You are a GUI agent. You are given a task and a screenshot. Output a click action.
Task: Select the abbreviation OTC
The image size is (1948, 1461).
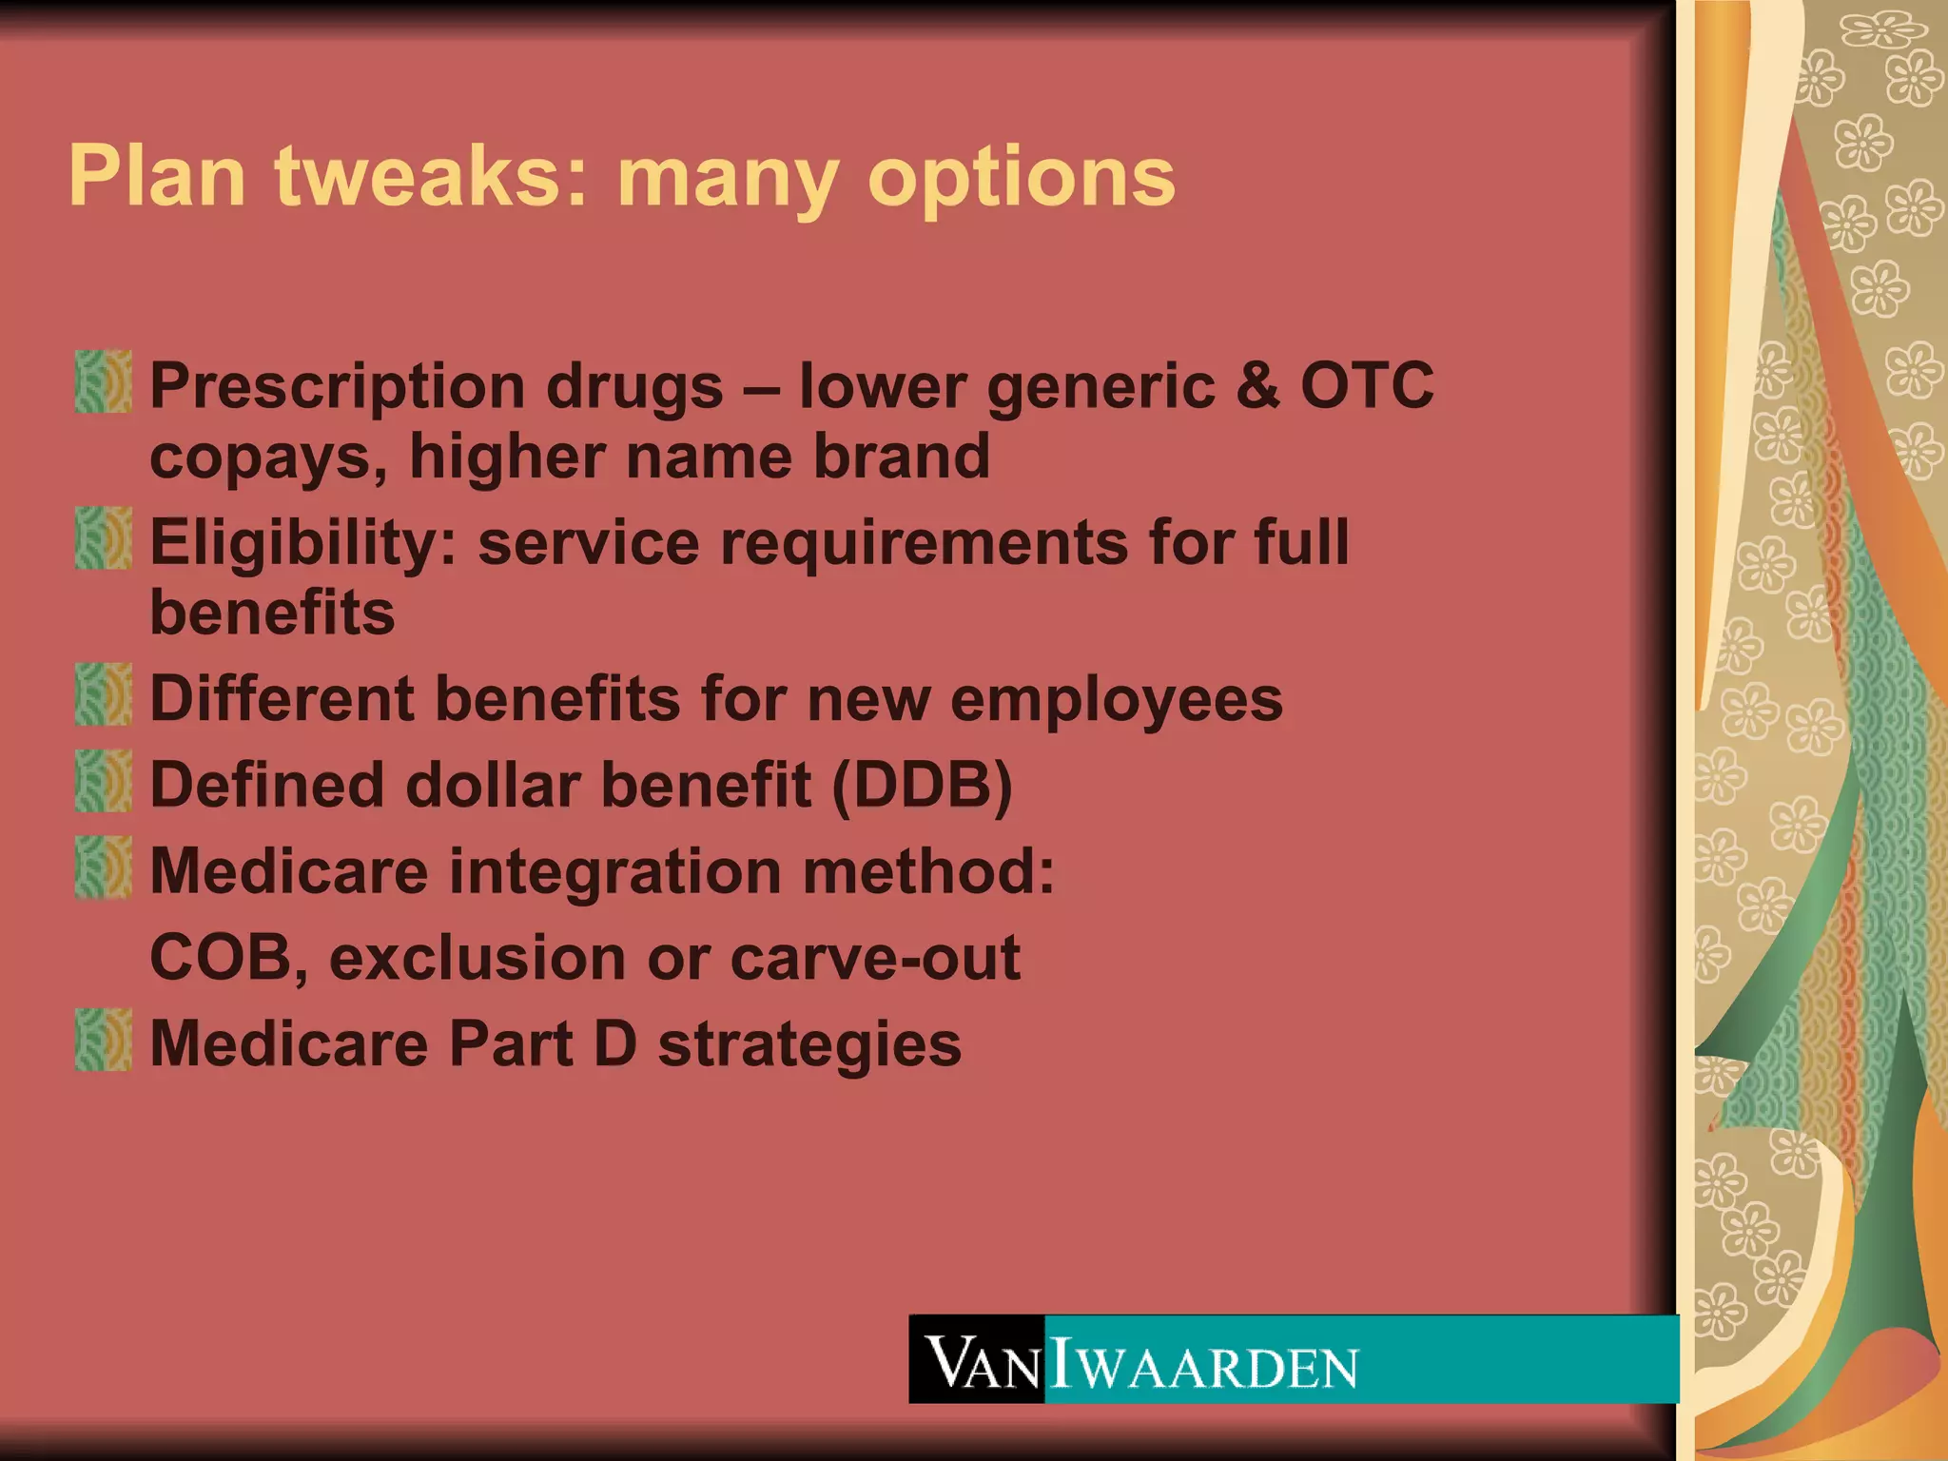1367,385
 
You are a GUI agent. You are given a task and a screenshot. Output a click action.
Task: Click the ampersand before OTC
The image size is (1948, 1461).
1257,385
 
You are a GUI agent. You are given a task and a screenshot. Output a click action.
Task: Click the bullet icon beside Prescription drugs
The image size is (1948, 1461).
104,381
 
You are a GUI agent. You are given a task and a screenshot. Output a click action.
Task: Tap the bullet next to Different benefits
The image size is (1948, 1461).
104,694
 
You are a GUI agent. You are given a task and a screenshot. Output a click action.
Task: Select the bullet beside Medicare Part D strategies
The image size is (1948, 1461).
104,1040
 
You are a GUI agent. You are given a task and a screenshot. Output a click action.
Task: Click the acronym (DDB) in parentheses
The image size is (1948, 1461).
922,786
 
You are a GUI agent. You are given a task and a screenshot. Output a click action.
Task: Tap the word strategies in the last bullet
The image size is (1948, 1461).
809,1045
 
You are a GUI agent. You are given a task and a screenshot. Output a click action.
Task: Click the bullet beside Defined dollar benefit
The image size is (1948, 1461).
104,781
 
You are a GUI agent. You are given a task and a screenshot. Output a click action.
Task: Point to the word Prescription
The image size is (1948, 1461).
338,387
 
